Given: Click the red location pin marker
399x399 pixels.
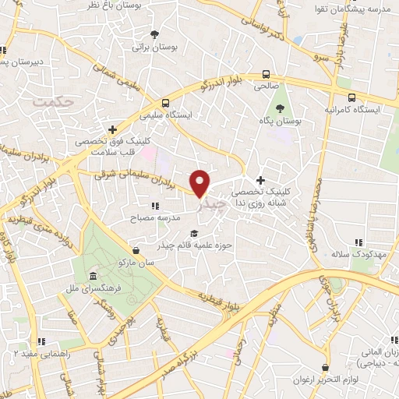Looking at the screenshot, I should pyautogui.click(x=200, y=182).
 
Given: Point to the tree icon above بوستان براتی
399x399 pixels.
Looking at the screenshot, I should pyautogui.click(x=154, y=34).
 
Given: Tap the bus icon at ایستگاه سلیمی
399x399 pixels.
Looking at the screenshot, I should pyautogui.click(x=164, y=103).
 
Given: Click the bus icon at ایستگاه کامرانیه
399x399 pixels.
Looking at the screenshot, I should pyautogui.click(x=352, y=97).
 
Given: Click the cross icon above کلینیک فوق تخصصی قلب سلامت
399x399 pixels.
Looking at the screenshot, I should pyautogui.click(x=113, y=129).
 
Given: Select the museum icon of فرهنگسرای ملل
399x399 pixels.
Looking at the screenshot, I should pyautogui.click(x=93, y=277).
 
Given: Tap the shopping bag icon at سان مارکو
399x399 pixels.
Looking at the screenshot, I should pyautogui.click(x=137, y=251).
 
